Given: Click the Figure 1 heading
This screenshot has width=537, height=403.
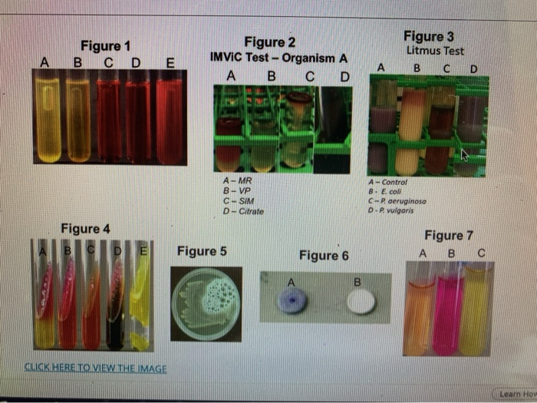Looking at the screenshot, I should (x=100, y=46).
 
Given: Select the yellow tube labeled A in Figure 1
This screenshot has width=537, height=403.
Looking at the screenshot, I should (x=48, y=115).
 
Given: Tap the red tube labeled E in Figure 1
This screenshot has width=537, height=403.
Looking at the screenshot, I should (x=169, y=115).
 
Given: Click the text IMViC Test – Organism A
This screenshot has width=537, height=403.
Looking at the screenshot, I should (x=280, y=58).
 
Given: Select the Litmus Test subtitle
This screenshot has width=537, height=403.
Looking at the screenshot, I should (x=435, y=51).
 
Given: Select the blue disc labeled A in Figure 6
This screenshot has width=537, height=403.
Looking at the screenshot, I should (x=292, y=302).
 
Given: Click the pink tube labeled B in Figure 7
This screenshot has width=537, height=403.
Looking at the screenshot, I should (x=448, y=311).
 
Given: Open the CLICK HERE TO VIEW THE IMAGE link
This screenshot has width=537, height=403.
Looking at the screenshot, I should (x=96, y=368).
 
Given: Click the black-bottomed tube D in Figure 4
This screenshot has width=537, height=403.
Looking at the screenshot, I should (x=117, y=299).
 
